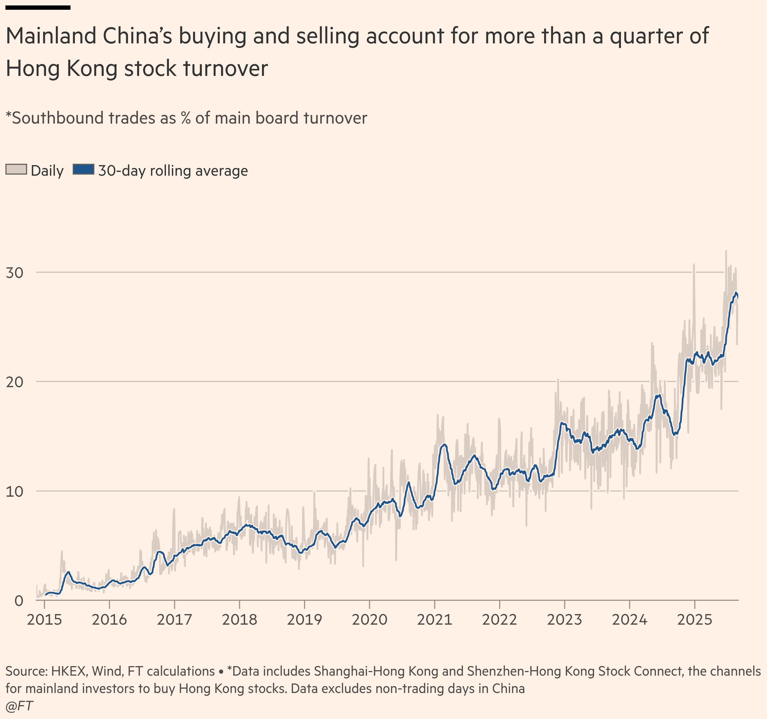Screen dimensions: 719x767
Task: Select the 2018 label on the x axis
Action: coord(239,620)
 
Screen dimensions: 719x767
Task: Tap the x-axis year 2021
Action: coord(434,620)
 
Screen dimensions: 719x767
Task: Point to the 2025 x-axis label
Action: coord(695,620)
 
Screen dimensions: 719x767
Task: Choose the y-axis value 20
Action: coord(15,382)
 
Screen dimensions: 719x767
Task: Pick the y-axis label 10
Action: coord(15,492)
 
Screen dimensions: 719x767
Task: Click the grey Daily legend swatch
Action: coord(16,170)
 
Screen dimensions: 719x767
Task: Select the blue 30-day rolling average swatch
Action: coord(83,170)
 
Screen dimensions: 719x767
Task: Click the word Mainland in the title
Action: coord(51,36)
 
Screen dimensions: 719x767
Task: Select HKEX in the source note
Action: coord(69,672)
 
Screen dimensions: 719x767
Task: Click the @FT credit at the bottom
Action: coord(19,706)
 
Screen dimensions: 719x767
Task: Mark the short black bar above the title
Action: coord(38,7)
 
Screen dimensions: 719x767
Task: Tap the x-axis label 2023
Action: coord(564,620)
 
